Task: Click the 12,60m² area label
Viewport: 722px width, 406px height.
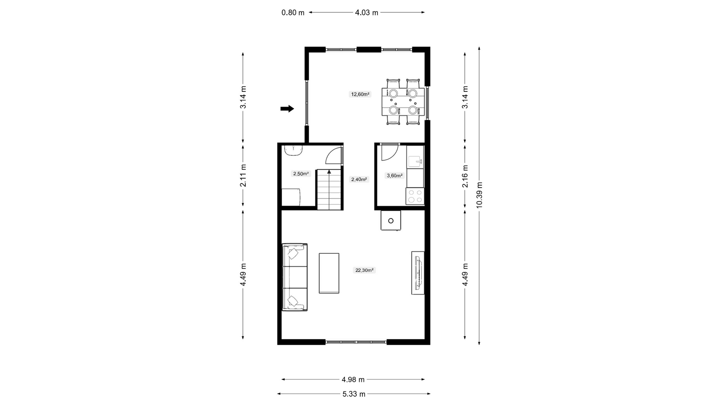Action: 360,94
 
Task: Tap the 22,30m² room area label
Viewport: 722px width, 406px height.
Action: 364,270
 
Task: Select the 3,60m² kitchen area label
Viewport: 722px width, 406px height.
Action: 394,176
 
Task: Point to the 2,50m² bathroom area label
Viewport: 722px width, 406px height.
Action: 301,174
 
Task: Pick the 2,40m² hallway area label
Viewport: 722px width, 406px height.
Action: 359,179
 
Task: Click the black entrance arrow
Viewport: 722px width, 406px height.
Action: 287,109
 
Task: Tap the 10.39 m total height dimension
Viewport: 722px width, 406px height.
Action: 479,195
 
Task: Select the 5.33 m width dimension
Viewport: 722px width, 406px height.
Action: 354,394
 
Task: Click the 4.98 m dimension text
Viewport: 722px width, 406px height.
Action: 353,380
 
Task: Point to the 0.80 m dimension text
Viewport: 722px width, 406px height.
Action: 293,13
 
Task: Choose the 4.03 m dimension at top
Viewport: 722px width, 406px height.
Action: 367,13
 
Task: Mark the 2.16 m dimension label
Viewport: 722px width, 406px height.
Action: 465,176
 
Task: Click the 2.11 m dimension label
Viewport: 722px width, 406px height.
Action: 243,176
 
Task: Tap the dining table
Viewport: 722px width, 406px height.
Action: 403,102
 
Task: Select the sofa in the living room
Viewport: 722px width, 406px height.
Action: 295,277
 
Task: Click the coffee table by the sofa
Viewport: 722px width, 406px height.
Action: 329,273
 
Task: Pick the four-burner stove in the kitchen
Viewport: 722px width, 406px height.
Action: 415,196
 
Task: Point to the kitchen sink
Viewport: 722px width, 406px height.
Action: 415,162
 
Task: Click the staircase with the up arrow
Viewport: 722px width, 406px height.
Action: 329,189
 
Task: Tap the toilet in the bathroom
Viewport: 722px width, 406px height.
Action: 294,150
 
